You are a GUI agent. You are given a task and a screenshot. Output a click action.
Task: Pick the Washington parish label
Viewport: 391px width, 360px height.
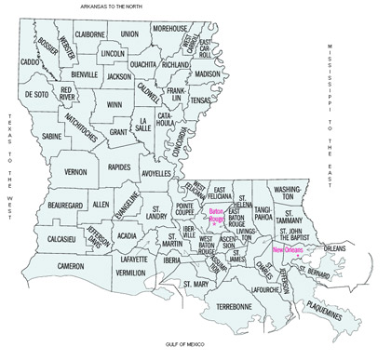(289, 193)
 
